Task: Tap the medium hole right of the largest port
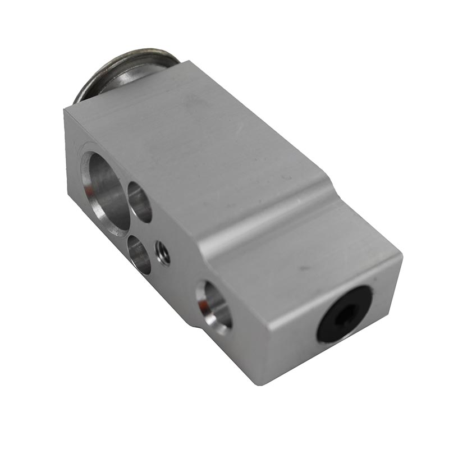(x=140, y=202)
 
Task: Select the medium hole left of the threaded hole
(x=139, y=254)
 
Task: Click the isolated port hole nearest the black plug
(x=214, y=305)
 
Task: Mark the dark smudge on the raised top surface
(x=194, y=101)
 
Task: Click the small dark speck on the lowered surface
(x=303, y=267)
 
